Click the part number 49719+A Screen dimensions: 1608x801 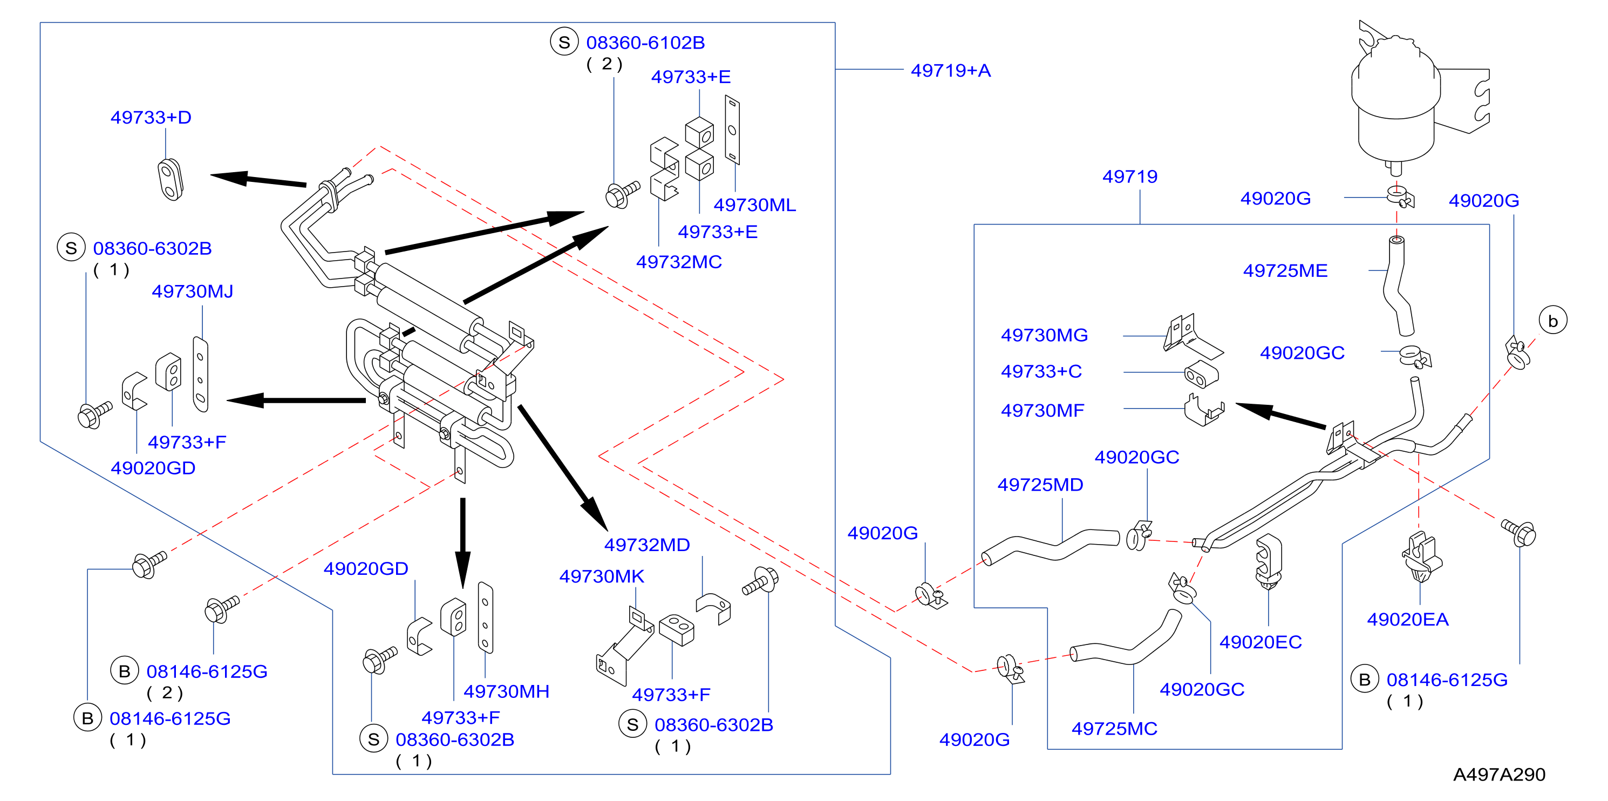pos(950,71)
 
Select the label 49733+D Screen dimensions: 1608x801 pos(151,117)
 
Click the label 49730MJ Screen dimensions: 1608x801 pos(192,291)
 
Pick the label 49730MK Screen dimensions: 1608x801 pos(602,576)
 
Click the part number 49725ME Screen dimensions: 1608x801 pos(1285,270)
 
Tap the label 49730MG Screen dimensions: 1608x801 pos(1044,335)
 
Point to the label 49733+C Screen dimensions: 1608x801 pos(1041,371)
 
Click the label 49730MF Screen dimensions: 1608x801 pos(1043,410)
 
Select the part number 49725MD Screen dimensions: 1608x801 pos(1040,485)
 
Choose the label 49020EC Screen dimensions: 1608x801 pos(1260,642)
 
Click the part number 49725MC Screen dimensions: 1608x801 pos(1114,729)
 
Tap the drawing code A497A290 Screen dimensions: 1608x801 pos(1499,775)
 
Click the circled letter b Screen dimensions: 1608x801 pos(1553,321)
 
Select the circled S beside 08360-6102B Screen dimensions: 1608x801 pos(564,42)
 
